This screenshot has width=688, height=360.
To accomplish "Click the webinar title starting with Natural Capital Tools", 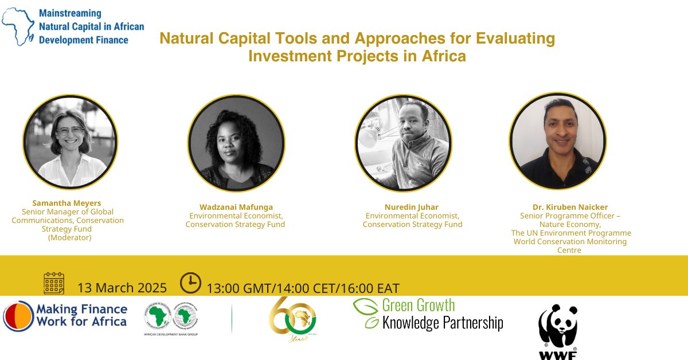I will click(x=357, y=48).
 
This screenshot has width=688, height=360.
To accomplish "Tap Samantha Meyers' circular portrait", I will click(x=70, y=143).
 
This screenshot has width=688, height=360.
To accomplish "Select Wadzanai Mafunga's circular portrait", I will click(x=236, y=143).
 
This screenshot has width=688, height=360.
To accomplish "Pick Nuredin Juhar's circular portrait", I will click(x=402, y=143).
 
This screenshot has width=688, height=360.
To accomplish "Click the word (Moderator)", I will click(x=69, y=237).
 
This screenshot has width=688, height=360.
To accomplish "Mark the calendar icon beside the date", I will click(x=54, y=284).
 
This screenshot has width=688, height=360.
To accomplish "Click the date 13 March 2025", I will click(x=122, y=288).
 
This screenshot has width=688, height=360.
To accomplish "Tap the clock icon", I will click(x=190, y=283).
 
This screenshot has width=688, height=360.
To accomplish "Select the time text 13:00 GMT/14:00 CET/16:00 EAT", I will click(x=303, y=288).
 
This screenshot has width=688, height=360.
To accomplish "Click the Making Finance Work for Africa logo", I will click(x=65, y=316).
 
